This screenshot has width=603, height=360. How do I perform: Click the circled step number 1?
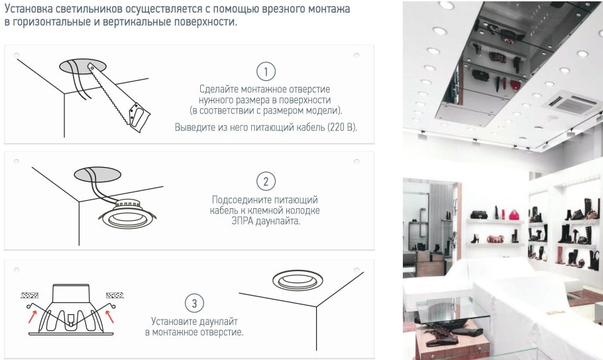pyautogui.click(x=266, y=72)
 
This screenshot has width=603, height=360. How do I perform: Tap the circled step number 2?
pyautogui.click(x=266, y=181)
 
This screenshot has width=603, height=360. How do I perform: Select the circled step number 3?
pyautogui.click(x=194, y=304)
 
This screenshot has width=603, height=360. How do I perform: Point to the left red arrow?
pyautogui.click(x=32, y=316)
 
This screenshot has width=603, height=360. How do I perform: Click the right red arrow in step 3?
pyautogui.click(x=109, y=316)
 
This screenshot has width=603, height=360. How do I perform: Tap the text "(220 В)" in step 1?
pyautogui.click(x=343, y=127)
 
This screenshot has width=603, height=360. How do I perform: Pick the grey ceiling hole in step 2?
pyautogui.click(x=97, y=174)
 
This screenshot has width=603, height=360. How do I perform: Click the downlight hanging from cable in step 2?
pyautogui.click(x=127, y=215)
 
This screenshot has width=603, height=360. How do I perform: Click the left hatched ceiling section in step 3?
pyautogui.click(x=30, y=296)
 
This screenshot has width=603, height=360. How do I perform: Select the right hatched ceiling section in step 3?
pyautogui.click(x=115, y=296)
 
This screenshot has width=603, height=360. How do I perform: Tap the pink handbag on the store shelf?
pyautogui.click(x=514, y=215)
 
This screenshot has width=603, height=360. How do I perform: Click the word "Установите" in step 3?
pyautogui.click(x=173, y=322)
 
